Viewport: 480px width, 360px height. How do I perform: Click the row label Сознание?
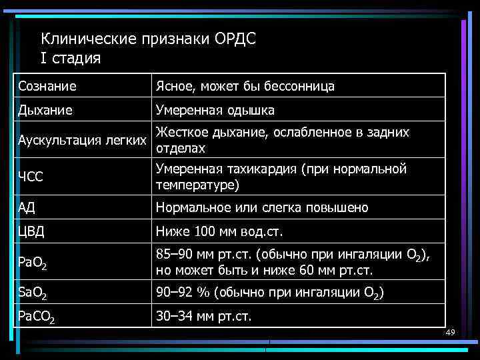[47, 86]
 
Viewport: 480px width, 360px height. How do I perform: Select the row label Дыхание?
[46, 110]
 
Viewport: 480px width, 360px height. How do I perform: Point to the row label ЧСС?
[30, 177]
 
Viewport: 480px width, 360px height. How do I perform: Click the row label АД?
[27, 207]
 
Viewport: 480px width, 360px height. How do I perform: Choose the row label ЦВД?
[31, 233]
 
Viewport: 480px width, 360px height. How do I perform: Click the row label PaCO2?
[36, 316]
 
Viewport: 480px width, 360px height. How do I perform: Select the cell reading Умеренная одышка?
[215, 110]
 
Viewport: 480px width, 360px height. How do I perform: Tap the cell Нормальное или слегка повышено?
[261, 207]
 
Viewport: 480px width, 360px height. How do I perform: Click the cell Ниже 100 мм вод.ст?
[219, 233]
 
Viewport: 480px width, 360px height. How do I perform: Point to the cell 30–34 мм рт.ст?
[203, 316]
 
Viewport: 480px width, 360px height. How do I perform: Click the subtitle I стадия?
[71, 58]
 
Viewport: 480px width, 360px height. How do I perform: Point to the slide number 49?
[449, 331]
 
